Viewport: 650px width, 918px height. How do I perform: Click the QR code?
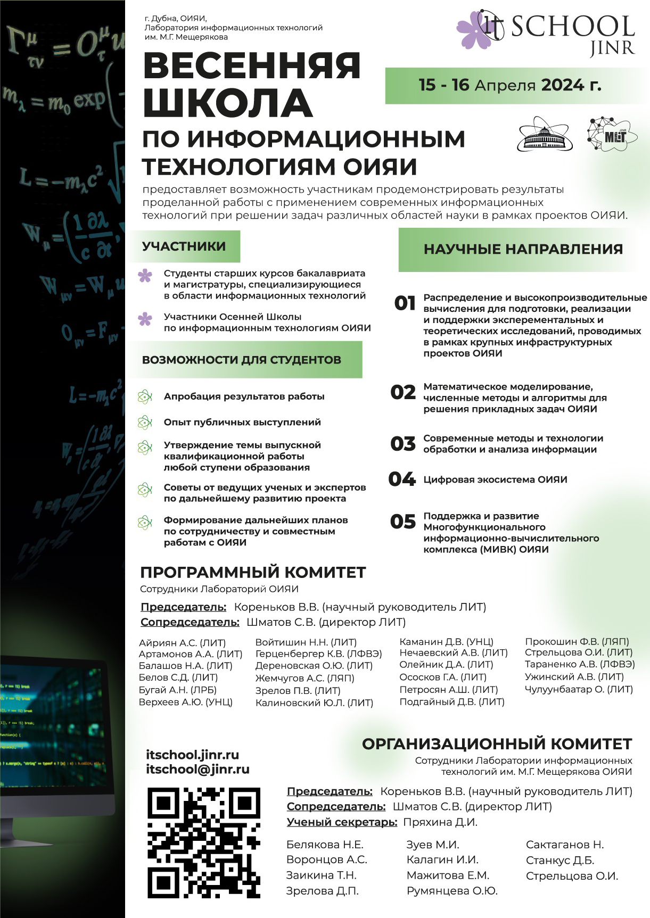tap(203, 842)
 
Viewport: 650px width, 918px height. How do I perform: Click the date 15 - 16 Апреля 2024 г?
tap(509, 85)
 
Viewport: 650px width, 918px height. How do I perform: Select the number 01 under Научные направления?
tap(405, 303)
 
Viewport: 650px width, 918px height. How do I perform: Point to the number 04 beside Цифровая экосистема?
tap(402, 479)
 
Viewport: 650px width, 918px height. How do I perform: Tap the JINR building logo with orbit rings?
tap(544, 135)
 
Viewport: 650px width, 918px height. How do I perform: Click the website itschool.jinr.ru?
tap(192, 755)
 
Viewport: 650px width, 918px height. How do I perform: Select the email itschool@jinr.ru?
tap(198, 769)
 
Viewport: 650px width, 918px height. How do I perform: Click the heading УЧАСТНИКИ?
tap(184, 246)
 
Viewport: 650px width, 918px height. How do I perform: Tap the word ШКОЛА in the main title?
tap(227, 103)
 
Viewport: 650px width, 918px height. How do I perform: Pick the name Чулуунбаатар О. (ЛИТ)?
tap(579, 690)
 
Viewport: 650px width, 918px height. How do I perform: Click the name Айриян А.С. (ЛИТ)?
tap(182, 643)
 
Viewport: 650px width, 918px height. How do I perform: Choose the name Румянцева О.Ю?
tap(452, 891)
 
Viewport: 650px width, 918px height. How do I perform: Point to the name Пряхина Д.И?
tap(440, 822)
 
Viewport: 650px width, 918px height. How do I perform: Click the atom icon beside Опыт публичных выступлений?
tap(144, 423)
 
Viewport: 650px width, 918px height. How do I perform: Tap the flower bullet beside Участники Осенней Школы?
tap(145, 319)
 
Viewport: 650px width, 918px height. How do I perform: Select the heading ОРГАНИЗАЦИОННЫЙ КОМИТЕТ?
tap(497, 744)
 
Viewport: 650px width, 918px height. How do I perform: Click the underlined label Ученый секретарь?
tap(342, 822)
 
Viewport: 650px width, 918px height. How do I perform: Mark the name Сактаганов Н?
tap(565, 845)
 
